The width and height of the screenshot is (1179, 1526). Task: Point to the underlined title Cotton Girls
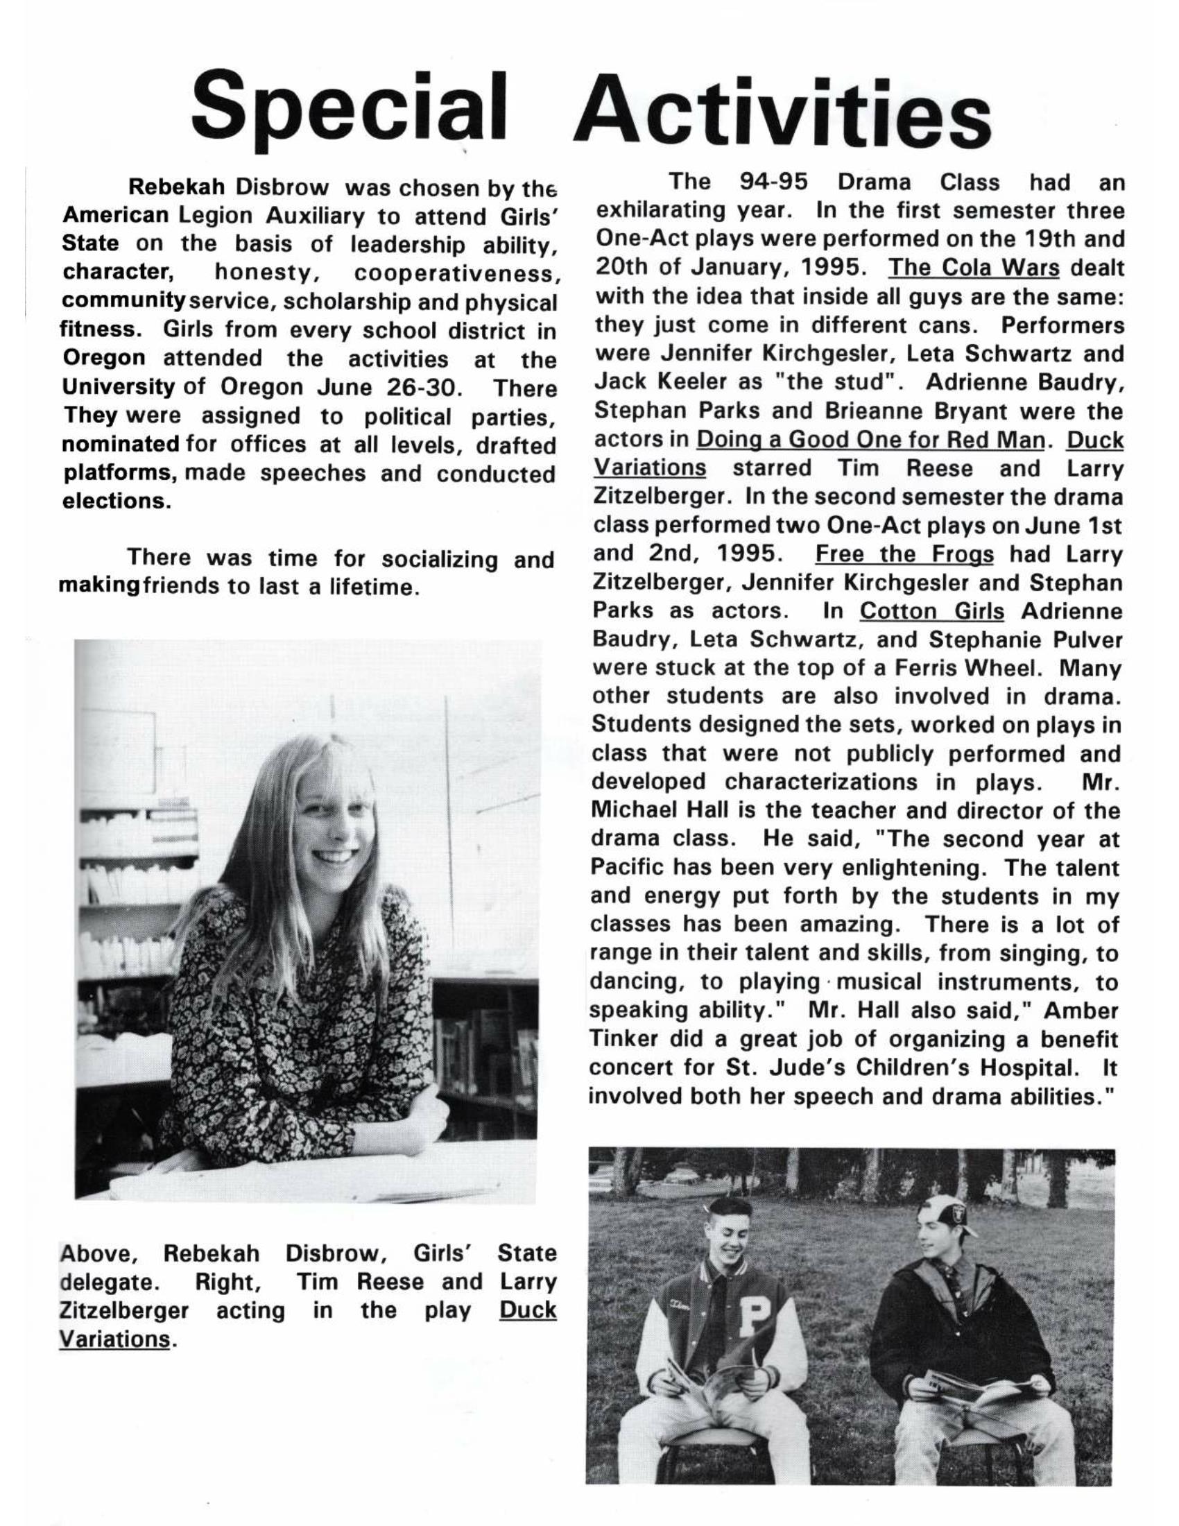931,611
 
